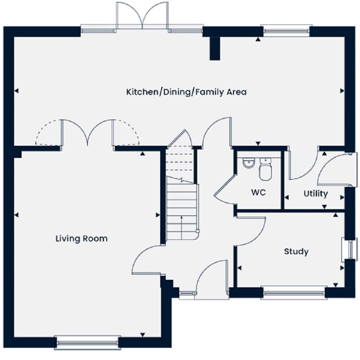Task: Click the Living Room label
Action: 82,239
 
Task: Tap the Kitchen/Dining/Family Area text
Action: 186,92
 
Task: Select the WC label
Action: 258,192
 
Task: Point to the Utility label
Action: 316,194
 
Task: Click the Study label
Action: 296,251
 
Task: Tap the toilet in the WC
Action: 265,169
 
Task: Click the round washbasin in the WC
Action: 248,163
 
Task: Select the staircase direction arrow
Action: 182,227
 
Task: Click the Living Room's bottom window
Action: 87,343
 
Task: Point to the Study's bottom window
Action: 294,293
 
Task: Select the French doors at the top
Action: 142,16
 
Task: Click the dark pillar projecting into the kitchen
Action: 215,48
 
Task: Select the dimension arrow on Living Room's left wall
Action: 16,215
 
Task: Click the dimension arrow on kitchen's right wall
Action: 342,91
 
